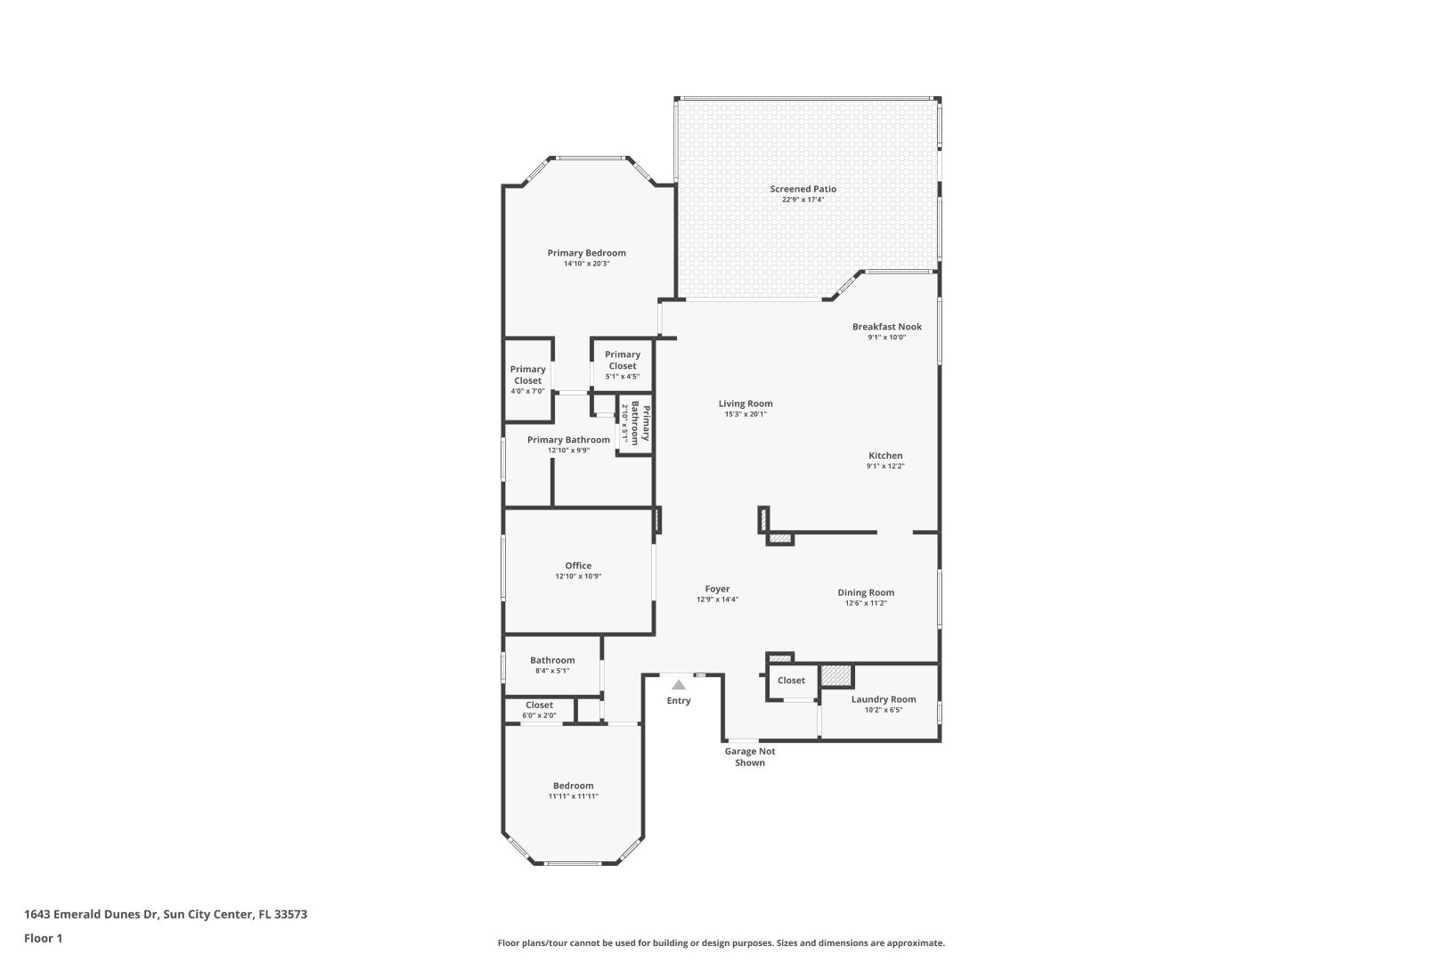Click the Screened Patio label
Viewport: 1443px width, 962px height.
click(x=803, y=189)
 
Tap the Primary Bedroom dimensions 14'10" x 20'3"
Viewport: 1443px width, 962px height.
click(x=586, y=264)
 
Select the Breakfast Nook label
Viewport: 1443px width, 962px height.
click(x=886, y=327)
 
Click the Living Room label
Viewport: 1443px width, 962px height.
click(x=746, y=404)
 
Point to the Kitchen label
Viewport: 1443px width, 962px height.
click(x=885, y=456)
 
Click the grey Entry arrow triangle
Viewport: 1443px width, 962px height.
click(x=679, y=685)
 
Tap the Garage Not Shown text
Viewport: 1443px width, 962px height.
click(x=749, y=757)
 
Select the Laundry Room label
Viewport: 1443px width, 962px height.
click(x=883, y=699)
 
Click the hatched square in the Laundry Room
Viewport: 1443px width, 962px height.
click(x=836, y=676)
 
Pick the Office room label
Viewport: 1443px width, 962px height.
click(x=578, y=566)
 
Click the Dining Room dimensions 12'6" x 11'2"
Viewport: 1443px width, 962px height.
click(x=866, y=604)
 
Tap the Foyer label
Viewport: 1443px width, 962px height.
click(x=717, y=589)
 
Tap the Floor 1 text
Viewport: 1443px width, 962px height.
click(x=43, y=938)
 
